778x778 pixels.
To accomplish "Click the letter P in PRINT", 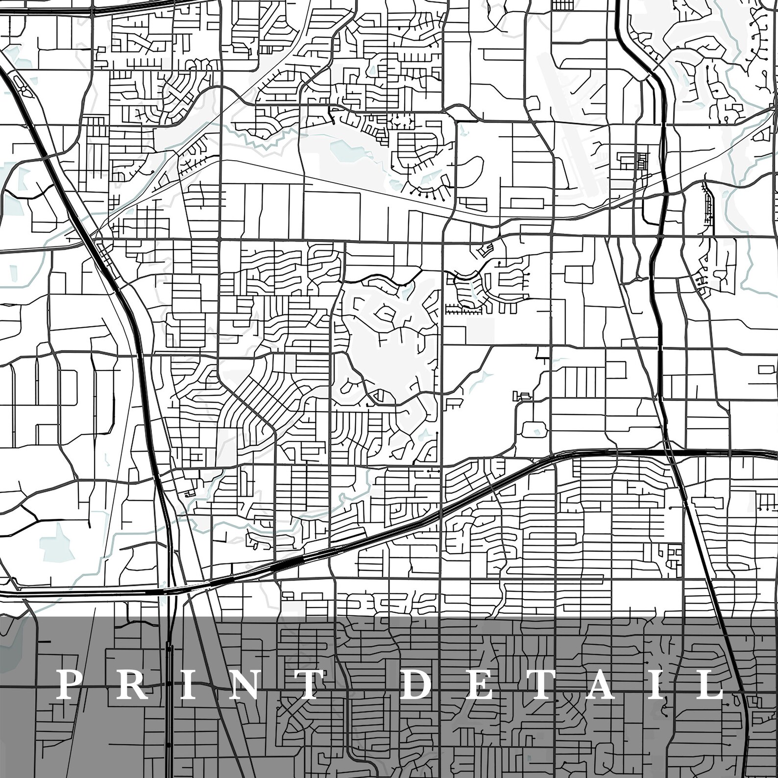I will pyautogui.click(x=68, y=685).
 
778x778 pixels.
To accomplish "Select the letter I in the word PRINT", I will pyautogui.click(x=179, y=685).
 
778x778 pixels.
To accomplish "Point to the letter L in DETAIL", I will pyautogui.click(x=709, y=685).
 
